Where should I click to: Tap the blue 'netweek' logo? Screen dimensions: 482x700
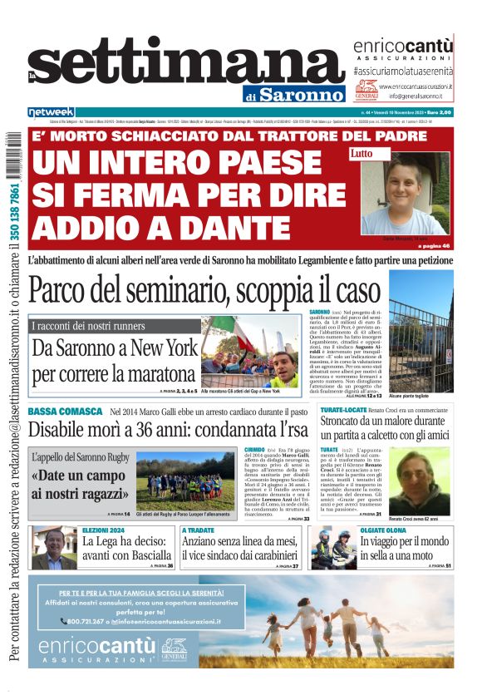tap(52, 111)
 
